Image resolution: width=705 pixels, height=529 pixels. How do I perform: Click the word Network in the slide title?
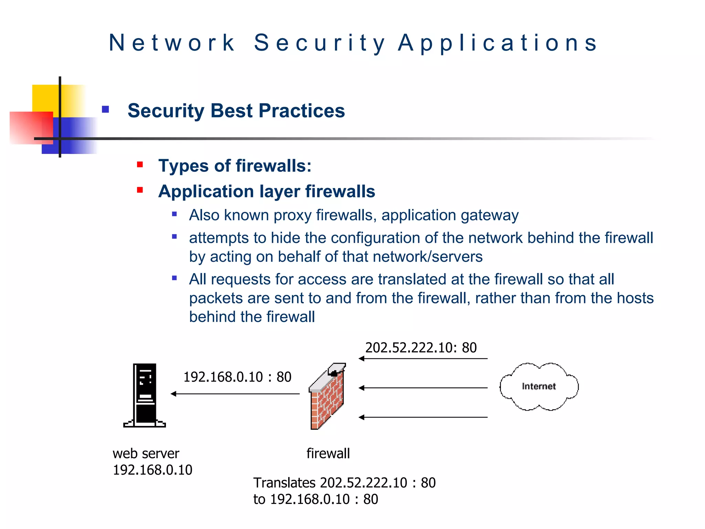pos(171,43)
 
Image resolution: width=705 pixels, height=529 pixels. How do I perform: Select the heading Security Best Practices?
pos(236,111)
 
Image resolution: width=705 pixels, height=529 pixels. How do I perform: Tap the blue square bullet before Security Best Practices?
pos(105,110)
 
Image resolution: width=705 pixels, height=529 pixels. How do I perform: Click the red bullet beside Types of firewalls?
pos(140,165)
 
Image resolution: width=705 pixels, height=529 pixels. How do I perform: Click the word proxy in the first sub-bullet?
pos(293,216)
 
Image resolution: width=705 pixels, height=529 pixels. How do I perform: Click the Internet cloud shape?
pos(539,386)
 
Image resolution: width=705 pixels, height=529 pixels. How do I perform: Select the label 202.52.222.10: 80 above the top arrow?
pos(421,348)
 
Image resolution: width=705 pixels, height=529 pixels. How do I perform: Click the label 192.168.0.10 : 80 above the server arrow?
pos(237,377)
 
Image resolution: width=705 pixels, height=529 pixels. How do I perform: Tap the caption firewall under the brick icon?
pos(328,454)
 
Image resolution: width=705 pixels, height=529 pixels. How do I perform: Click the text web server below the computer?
pos(146,454)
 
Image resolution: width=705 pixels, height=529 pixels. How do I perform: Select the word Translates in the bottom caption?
pos(284,483)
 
